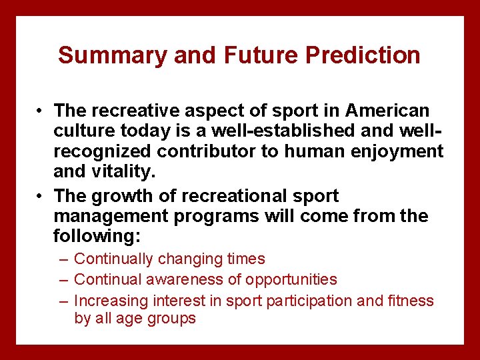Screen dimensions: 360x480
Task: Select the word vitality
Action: pos(125,171)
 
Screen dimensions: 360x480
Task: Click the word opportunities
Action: pos(291,280)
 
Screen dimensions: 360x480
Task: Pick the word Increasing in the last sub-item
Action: pos(111,301)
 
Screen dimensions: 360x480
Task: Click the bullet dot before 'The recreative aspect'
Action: pos(41,111)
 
